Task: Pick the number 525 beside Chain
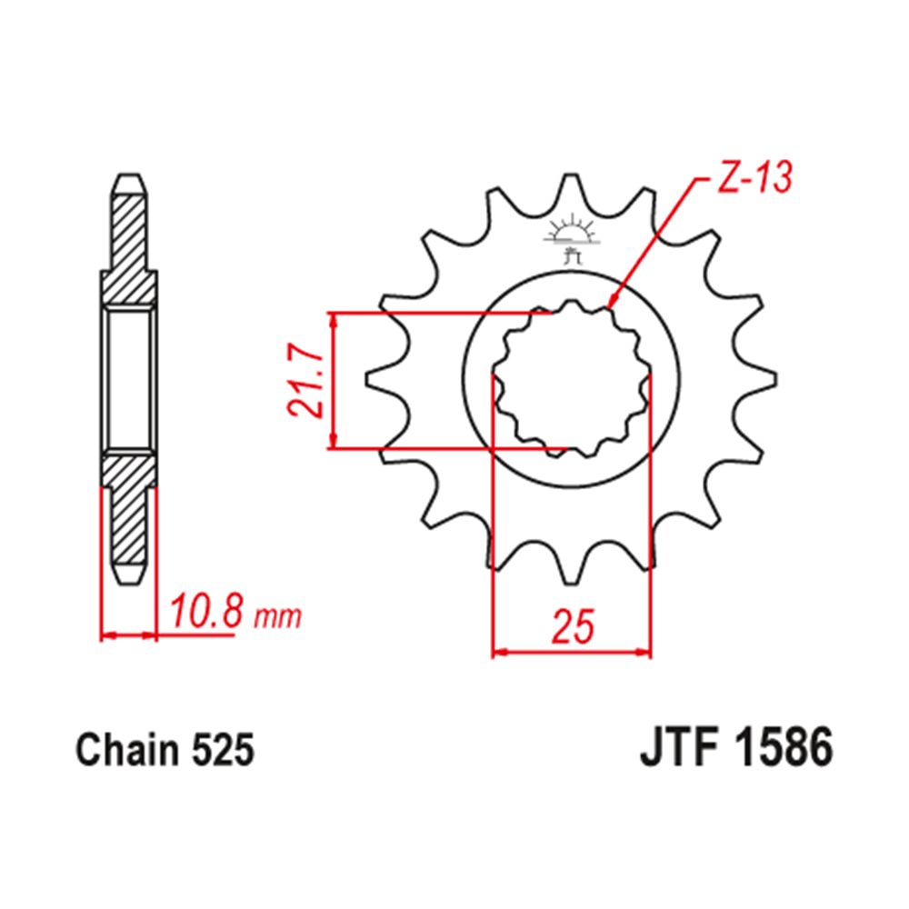(x=223, y=751)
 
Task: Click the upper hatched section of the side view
(x=128, y=245)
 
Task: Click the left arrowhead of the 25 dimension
(x=499, y=652)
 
